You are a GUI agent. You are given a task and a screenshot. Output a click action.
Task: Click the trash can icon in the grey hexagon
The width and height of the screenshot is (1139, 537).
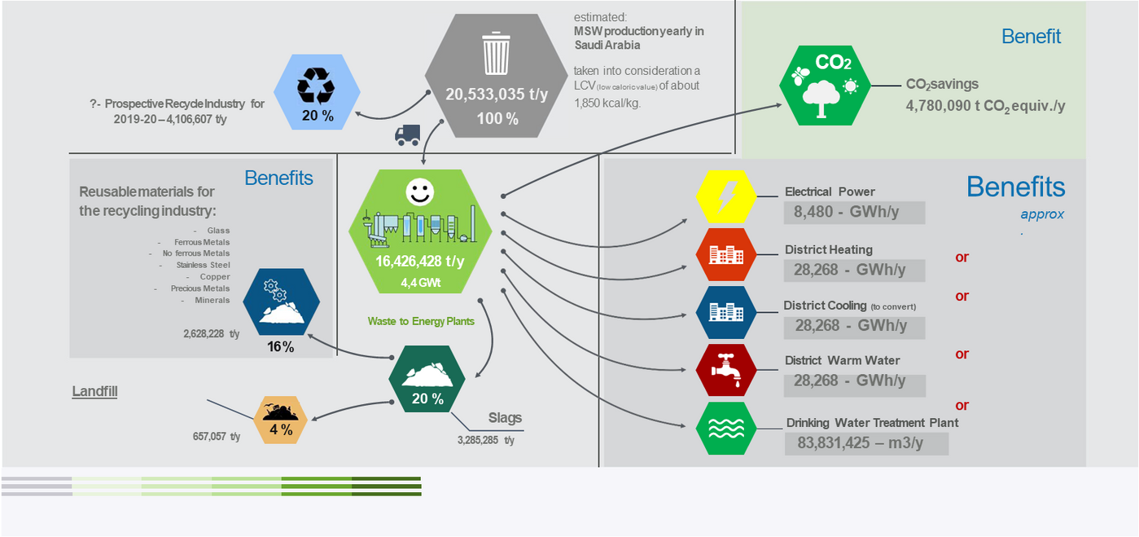496,53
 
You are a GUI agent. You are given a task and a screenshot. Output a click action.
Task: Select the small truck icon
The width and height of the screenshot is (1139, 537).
407,135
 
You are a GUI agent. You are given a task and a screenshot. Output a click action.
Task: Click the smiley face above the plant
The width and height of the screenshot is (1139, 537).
419,192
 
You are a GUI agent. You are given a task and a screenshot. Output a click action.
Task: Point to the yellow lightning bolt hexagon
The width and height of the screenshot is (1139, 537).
726,196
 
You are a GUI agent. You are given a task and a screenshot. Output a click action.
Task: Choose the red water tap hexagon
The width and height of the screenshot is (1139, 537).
726,370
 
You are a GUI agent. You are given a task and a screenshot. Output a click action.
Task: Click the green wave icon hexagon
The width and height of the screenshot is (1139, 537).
726,428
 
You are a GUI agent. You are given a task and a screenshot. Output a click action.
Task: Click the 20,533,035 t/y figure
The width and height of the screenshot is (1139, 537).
497,95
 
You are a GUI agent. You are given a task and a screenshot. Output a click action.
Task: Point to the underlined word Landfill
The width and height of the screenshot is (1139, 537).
94,392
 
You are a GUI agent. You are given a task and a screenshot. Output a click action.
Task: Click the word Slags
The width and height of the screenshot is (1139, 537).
505,418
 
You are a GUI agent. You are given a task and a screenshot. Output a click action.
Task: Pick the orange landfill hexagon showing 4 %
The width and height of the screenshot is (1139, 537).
281,420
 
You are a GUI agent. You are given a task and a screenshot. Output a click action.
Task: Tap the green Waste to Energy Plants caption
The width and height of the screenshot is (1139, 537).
421,321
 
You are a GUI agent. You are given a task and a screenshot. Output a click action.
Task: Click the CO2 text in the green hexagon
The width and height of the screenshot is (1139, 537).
833,63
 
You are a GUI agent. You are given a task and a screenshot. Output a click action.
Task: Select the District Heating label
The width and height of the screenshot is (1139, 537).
828,250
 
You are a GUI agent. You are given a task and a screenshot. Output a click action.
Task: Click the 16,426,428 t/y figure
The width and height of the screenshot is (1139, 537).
419,262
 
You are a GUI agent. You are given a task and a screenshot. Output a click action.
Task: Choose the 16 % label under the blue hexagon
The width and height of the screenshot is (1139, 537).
280,347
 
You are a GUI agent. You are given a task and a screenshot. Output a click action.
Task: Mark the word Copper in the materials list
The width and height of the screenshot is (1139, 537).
215,277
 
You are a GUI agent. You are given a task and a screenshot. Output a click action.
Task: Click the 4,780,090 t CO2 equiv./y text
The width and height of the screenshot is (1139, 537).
985,106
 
